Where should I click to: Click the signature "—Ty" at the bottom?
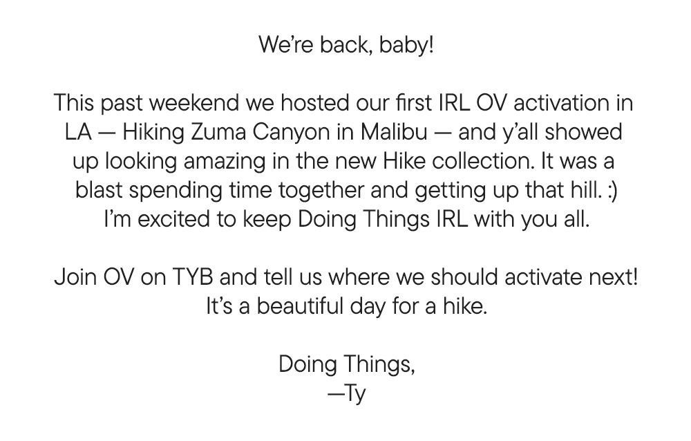(346, 395)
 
